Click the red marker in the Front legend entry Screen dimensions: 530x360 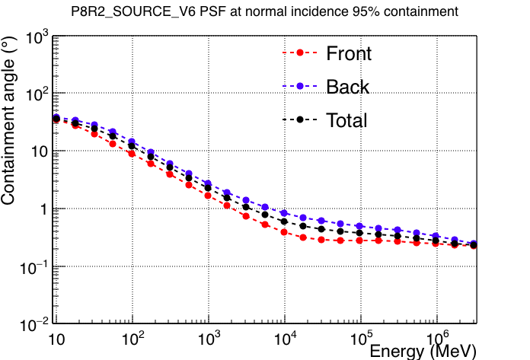[x=300, y=53]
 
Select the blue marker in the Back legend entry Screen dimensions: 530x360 [x=300, y=86]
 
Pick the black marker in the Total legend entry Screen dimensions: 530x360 [x=300, y=119]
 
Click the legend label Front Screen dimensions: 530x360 [x=349, y=53]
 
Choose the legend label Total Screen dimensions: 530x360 [x=346, y=120]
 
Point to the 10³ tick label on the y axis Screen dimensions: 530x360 [x=37, y=37]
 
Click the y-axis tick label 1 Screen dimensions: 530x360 [x=44, y=210]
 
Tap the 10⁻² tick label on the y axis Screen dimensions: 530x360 [x=34, y=325]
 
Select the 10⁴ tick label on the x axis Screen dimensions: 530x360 [x=286, y=338]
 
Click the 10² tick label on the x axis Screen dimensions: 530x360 [x=132, y=338]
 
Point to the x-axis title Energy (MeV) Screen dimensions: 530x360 [x=423, y=352]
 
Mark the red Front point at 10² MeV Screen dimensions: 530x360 [x=132, y=154]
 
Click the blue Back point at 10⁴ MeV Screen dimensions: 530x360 [x=284, y=213]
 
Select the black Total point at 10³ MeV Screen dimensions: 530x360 [x=208, y=188]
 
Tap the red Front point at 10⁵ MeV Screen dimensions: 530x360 [x=359, y=241]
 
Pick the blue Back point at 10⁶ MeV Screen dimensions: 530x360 [x=436, y=236]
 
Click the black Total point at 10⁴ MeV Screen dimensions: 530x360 [x=284, y=221]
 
